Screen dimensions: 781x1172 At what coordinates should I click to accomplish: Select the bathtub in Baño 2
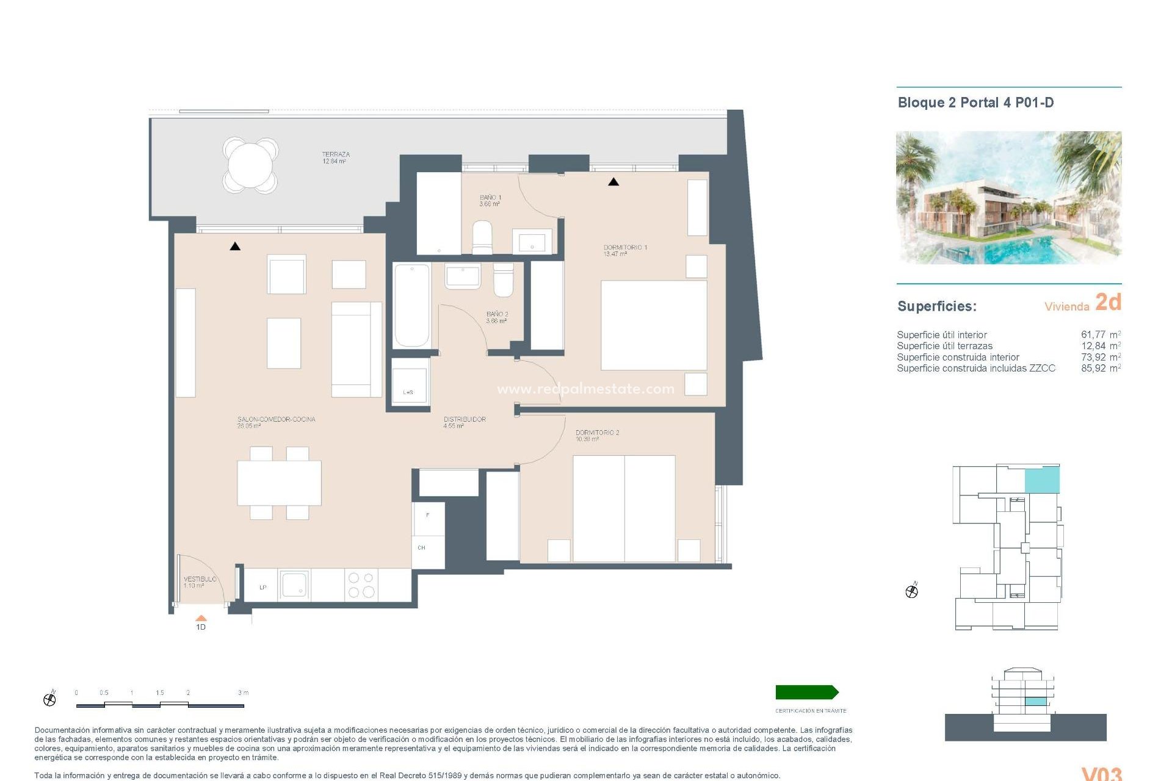(411, 305)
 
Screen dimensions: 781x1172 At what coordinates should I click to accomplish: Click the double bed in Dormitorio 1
(654, 325)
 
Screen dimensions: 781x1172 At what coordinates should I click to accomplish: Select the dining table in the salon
(279, 483)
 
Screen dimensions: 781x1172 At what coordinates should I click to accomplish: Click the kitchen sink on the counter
(294, 585)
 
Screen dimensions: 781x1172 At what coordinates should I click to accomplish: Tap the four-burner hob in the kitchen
(361, 585)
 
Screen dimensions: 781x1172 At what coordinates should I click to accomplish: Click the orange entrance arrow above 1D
(201, 618)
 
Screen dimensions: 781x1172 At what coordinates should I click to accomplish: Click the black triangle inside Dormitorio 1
(613, 182)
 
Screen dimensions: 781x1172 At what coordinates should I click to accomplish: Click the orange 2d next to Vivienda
(1108, 303)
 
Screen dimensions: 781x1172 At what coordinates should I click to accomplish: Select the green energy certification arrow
(806, 692)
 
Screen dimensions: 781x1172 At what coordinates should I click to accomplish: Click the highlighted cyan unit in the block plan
(1041, 480)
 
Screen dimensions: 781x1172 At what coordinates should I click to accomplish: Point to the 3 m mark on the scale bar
(243, 693)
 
